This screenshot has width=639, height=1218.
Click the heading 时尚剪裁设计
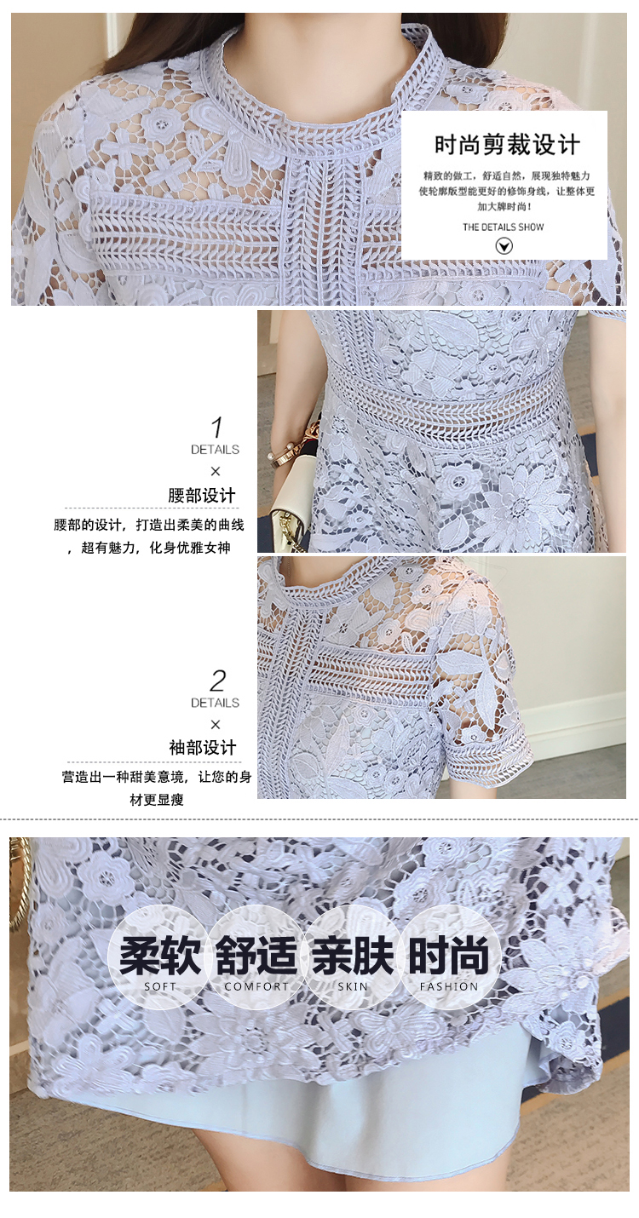507,145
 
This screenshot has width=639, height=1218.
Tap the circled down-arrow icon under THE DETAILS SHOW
504,247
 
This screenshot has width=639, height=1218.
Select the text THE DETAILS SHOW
503,227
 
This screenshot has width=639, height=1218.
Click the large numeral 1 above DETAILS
217,427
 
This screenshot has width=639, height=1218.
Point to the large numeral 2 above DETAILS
217,681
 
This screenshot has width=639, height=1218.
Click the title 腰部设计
202,496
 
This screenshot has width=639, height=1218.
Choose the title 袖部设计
202,748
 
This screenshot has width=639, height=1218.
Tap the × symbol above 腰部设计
216,471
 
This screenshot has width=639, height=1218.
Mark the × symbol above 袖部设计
216,724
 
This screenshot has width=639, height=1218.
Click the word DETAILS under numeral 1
215,450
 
